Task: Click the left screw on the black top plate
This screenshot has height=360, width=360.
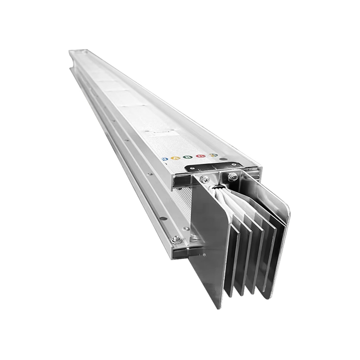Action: coord(191,167)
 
